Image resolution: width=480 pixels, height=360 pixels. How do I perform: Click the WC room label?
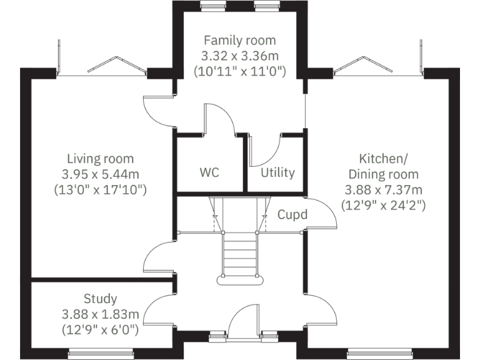[210, 172]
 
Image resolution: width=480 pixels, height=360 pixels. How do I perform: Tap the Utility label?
[277, 172]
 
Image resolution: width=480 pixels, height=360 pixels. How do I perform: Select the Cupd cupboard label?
[292, 214]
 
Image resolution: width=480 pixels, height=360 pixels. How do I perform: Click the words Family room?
[239, 41]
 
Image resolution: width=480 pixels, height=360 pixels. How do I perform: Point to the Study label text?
[100, 299]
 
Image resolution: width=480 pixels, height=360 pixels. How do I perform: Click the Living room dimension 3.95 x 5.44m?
[100, 174]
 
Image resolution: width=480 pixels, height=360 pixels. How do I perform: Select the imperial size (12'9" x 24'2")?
[383, 204]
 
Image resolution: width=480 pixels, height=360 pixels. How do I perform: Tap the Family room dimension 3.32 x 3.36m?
[239, 56]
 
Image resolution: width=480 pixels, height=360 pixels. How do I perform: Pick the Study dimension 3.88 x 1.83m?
[100, 313]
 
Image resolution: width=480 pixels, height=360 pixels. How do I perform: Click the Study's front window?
[100, 354]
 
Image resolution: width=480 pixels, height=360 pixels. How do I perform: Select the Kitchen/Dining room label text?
[383, 166]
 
